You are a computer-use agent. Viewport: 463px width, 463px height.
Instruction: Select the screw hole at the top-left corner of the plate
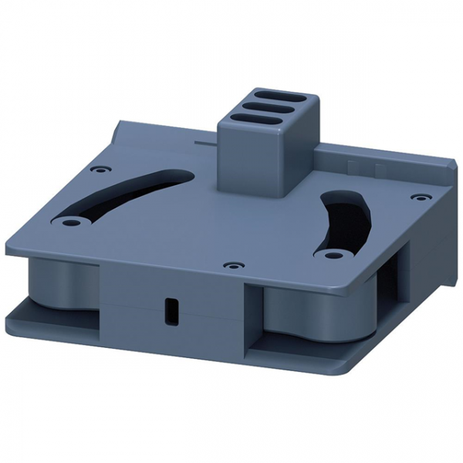(x=96, y=169)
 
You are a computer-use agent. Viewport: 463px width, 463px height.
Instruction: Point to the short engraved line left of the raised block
(x=204, y=144)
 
